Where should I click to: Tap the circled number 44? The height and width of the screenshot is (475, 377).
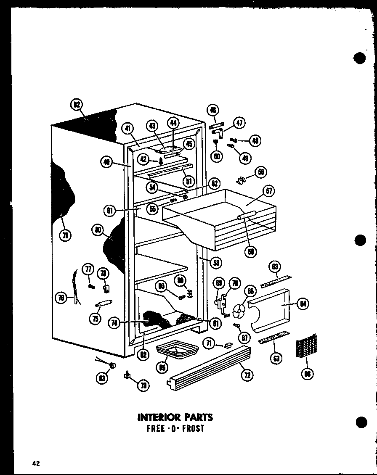[173, 123]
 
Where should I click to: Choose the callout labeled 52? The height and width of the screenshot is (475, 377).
[213, 183]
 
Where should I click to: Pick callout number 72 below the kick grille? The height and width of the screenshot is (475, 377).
[247, 375]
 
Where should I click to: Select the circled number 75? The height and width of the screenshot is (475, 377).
[96, 319]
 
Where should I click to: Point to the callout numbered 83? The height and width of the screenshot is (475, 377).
[102, 378]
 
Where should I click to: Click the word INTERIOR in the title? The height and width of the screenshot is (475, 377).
[157, 417]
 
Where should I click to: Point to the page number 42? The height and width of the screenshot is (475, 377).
[36, 464]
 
